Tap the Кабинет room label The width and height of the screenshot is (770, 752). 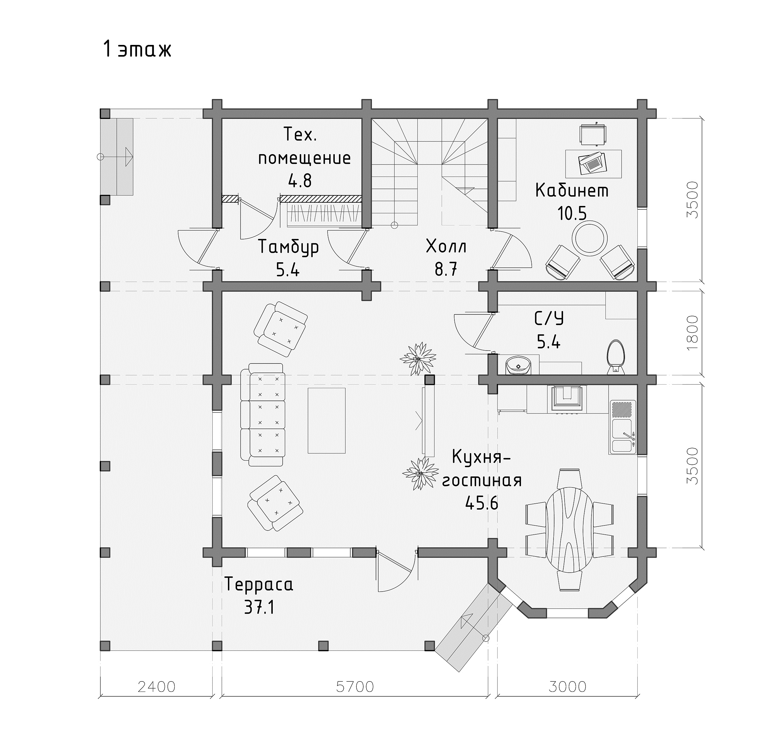coord(572,191)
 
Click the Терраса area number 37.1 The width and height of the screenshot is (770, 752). coord(259,608)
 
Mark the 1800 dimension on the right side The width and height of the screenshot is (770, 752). coord(692,332)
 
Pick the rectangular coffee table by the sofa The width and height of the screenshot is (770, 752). coord(327,420)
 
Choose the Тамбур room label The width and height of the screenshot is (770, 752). coord(288,247)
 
